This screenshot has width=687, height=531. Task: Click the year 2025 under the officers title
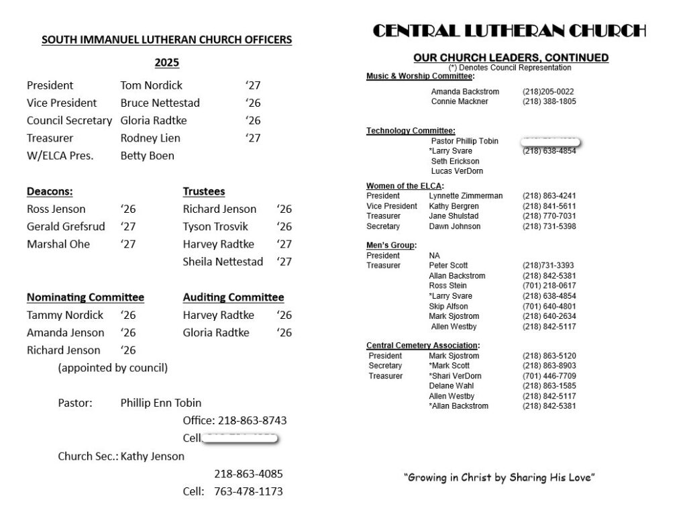167,63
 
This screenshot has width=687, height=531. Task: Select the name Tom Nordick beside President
151,85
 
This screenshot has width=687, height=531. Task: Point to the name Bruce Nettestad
160,103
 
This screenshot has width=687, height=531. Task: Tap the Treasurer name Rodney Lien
150,138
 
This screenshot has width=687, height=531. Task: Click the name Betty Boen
147,155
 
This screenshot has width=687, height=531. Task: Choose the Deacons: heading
50,191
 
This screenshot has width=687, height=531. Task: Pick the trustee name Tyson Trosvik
215,226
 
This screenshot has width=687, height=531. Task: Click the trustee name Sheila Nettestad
223,261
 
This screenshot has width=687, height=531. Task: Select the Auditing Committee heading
233,297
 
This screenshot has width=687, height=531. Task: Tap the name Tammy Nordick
65,315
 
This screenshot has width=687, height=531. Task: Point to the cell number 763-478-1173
248,491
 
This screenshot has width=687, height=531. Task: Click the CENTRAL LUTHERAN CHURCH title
509,31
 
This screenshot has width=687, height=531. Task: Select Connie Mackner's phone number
549,101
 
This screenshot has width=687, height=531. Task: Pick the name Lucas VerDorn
457,171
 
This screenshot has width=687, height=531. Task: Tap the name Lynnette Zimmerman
466,196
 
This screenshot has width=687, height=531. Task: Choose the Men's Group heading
391,245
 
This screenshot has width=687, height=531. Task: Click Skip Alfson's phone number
549,306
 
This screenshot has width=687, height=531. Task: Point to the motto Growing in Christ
500,478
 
